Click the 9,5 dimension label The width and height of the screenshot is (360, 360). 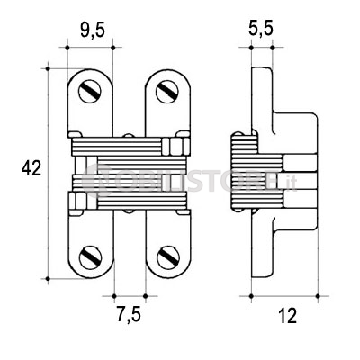pos(93,31)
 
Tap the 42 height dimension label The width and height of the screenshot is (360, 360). pos(31,168)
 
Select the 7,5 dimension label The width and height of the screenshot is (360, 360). pos(129,314)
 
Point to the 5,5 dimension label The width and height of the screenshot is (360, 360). pos(261,29)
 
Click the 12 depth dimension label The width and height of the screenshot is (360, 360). pos(287,316)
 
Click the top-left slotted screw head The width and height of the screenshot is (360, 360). pos(90,92)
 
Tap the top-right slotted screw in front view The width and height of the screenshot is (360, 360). pos(167,92)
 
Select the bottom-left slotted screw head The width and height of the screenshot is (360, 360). pos(91,257)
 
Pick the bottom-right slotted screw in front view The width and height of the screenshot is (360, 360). pos(168,257)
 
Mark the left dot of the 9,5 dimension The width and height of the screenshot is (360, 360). pos(67,48)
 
